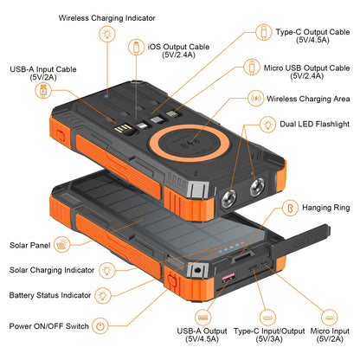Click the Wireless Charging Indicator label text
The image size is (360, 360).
107,18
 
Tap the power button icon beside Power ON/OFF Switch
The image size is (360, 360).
100,326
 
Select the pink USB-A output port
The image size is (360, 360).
228,278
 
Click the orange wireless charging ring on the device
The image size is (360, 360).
190,127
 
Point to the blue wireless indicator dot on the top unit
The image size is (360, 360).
106,96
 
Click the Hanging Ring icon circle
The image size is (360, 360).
290,208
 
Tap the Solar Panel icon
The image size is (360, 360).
62,245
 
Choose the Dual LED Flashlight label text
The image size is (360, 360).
314,124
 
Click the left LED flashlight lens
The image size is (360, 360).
228,198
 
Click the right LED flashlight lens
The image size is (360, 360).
257,187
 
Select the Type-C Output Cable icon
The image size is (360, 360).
264,32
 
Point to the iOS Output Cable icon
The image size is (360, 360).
137,47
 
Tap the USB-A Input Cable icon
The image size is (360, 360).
43,90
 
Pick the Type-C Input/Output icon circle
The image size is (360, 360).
267,318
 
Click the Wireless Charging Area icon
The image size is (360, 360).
256,99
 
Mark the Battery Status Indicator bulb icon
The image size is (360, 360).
103,295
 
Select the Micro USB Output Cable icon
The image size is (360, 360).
252,67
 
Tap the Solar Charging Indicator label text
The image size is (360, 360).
52,270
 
